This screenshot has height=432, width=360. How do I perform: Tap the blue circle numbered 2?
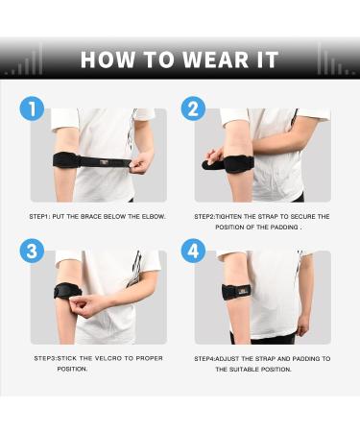[194, 108]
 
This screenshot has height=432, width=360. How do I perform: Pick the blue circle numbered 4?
[194, 252]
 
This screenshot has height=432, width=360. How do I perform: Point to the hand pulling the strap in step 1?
[139, 163]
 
